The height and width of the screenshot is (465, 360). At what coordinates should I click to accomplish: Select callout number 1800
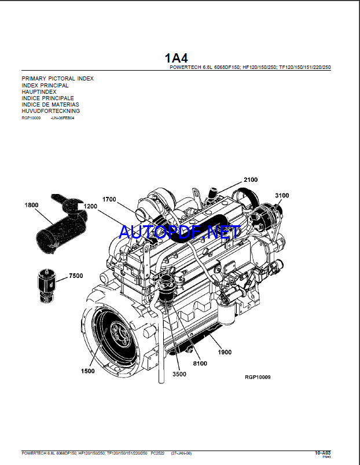click(31, 205)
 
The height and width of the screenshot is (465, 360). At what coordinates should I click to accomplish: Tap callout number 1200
click(90, 206)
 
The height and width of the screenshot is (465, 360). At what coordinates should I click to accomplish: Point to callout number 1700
click(109, 200)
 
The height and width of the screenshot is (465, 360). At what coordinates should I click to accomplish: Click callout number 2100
click(251, 180)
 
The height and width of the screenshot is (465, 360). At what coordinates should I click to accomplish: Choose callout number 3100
click(282, 196)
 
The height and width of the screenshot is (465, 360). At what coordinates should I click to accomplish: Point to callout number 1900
click(225, 352)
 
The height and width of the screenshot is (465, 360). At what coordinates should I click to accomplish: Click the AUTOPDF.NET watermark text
click(179, 232)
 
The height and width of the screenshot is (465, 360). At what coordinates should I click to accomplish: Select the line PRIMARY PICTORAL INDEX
click(57, 78)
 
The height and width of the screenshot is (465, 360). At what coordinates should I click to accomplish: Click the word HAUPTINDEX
click(39, 91)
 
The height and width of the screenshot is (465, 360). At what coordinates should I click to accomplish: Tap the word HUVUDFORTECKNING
click(50, 111)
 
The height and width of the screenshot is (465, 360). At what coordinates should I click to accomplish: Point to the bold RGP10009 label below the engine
click(258, 377)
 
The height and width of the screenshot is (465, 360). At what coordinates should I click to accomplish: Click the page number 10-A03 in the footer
click(322, 452)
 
